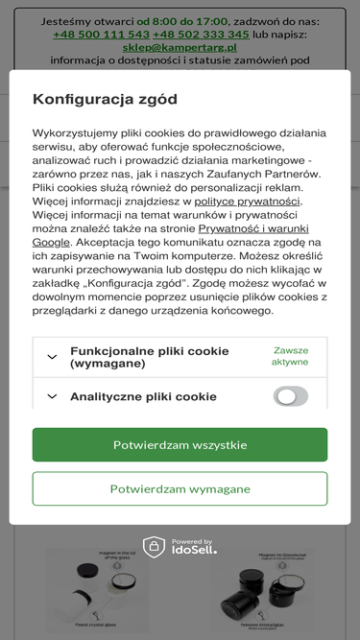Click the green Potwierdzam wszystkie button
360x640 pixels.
[180, 445]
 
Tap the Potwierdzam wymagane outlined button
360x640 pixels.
[180, 488]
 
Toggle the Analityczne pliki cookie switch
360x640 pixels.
[290, 396]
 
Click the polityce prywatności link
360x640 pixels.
[248, 201]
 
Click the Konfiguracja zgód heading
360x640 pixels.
[105, 99]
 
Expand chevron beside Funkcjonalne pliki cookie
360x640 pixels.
[52, 357]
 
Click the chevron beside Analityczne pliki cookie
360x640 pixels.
[52, 396]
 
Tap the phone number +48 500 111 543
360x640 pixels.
[101, 34]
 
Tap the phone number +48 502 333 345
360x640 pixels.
[201, 34]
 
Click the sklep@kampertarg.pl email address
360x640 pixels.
[180, 46]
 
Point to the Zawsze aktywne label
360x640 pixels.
[290, 356]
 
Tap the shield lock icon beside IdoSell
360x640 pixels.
[155, 547]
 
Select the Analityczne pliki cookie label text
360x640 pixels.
[143, 396]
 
